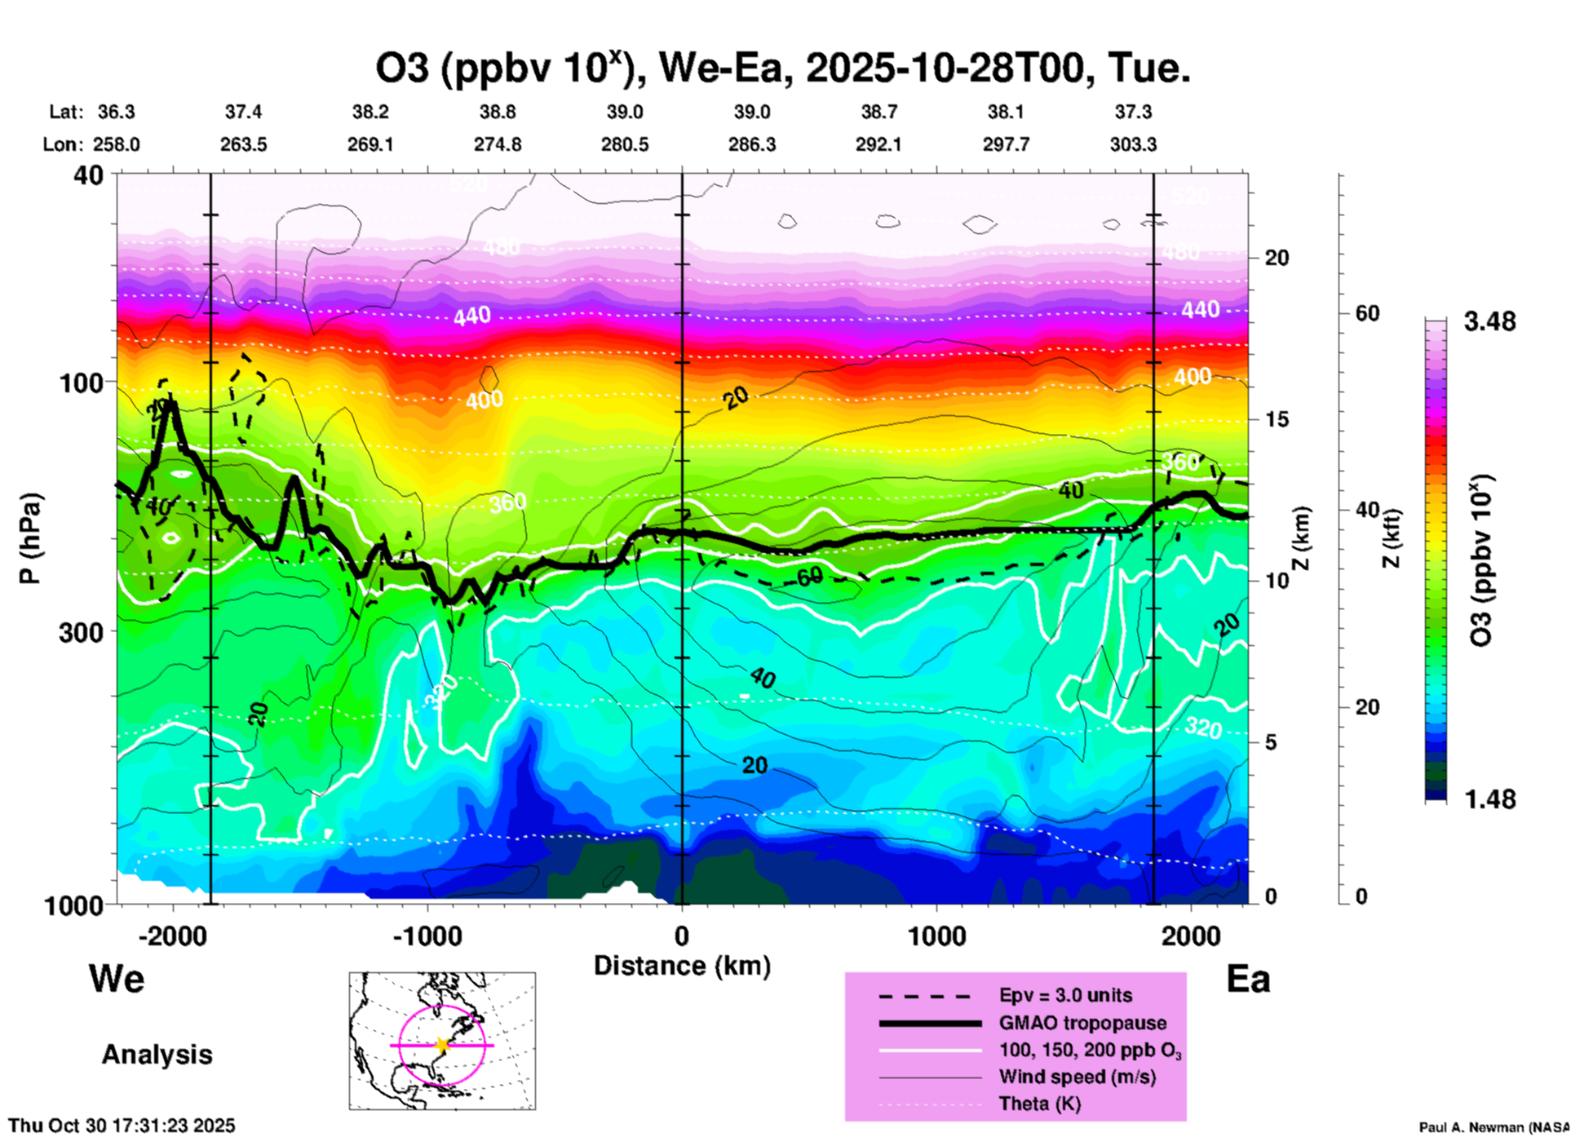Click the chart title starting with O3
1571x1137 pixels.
782,68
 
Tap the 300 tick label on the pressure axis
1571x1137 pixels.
81,632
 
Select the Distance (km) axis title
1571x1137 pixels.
682,966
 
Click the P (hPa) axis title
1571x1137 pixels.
30,538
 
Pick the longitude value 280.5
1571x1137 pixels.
625,144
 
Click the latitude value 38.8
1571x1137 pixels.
498,112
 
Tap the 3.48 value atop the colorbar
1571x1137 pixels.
1489,321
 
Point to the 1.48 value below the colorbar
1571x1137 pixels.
1489,799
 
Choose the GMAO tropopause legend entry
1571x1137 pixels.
1082,1023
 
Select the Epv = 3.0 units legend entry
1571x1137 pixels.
1065,995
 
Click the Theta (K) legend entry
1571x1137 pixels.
1039,1104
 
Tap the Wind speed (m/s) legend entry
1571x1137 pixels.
1077,1077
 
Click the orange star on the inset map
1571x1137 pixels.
442,1045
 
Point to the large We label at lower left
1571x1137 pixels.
117,978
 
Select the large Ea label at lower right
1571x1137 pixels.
1248,979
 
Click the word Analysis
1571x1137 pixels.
157,1055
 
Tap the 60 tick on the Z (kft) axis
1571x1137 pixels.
1367,313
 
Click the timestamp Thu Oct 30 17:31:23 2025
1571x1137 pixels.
122,1126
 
